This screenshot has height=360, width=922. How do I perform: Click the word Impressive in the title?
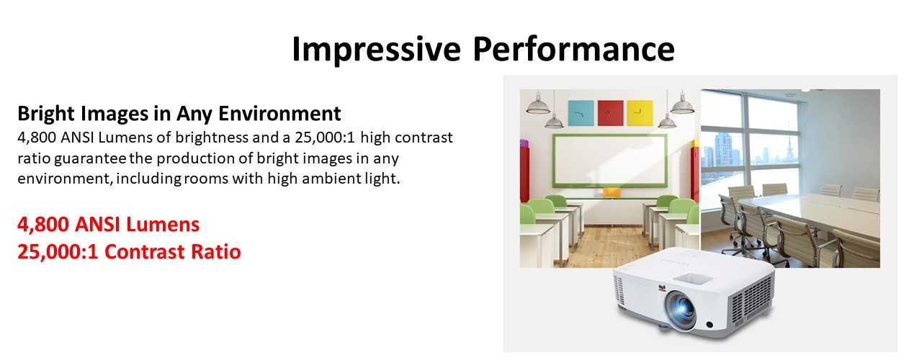(376, 50)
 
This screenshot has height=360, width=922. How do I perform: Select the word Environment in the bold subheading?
(279, 113)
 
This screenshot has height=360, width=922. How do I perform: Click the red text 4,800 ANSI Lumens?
(108, 225)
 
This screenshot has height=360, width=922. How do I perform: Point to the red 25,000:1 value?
(58, 252)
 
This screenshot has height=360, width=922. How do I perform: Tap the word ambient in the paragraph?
(331, 179)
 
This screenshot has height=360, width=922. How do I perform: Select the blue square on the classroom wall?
(581, 113)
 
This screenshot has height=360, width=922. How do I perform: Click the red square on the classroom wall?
(610, 113)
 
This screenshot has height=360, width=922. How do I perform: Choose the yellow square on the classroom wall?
(640, 113)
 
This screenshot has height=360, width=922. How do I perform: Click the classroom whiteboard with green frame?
(609, 161)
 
